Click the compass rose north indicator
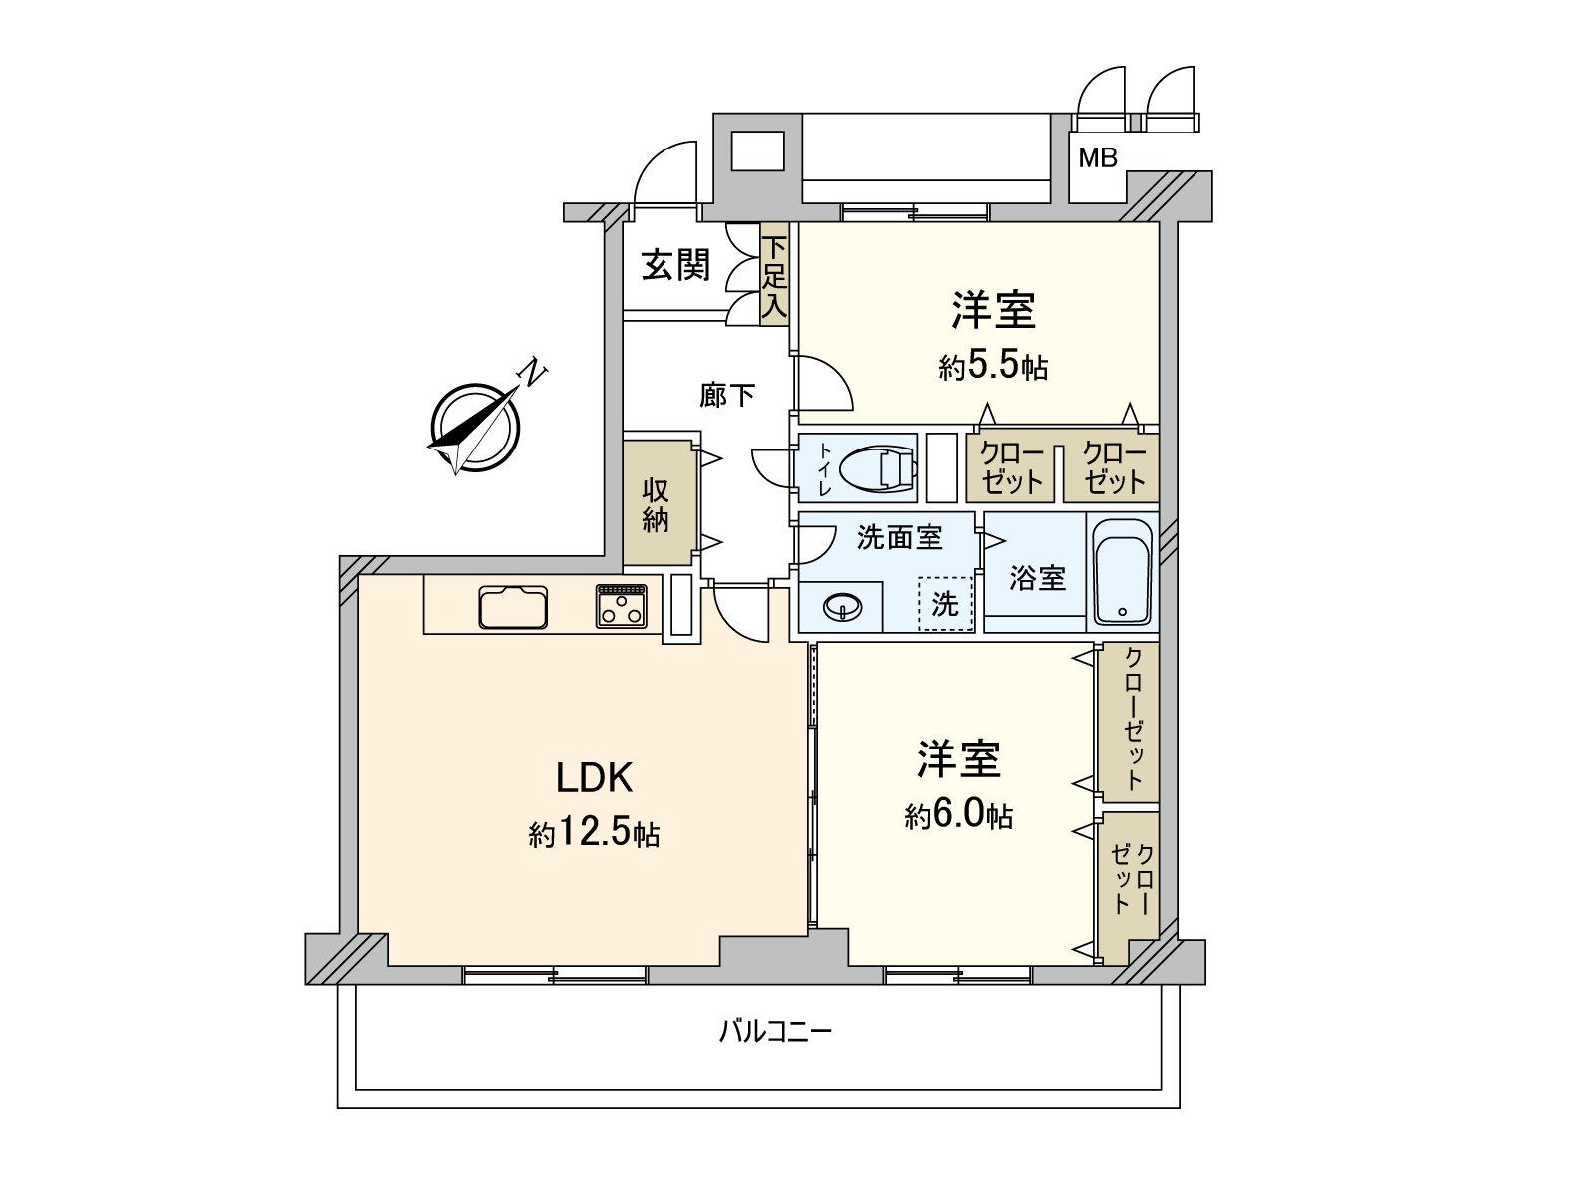(475, 427)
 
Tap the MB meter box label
(1098, 157)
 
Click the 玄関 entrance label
(675, 265)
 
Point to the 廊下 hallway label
(727, 396)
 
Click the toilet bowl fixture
(877, 466)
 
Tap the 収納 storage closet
(656, 503)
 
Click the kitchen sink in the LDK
(513, 607)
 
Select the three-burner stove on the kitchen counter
(622, 606)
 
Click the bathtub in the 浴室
(1122, 575)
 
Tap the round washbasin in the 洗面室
(843, 606)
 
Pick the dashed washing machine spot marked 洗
(944, 603)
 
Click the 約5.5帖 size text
(993, 367)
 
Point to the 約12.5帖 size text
(594, 833)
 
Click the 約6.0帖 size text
(959, 816)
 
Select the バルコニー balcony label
(775, 1031)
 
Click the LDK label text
(594, 777)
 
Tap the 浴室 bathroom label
(1037, 577)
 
